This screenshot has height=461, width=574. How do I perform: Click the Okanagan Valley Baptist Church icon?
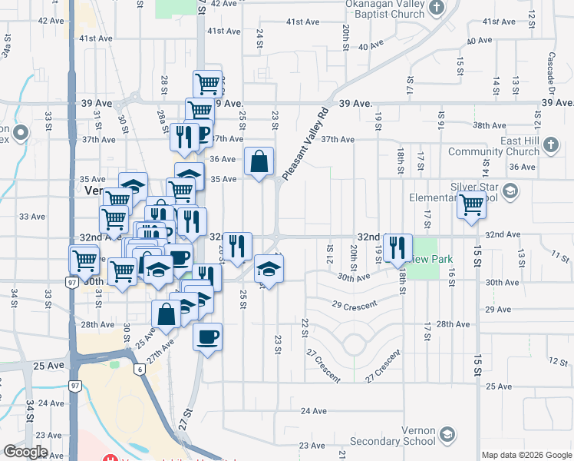(x=437, y=8)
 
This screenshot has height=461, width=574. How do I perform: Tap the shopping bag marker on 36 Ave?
(x=259, y=161)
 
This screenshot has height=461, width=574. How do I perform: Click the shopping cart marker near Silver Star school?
(x=471, y=205)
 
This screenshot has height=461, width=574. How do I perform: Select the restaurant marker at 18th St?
(x=398, y=247)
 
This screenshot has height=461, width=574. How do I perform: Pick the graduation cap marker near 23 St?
(x=269, y=268)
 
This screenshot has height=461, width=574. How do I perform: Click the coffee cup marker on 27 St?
(x=207, y=336)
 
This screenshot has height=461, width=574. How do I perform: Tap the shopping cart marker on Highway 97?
(x=84, y=259)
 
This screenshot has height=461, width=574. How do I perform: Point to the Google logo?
(x=25, y=452)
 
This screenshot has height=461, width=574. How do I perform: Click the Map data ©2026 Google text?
(x=526, y=455)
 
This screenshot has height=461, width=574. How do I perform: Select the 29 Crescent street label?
(x=355, y=305)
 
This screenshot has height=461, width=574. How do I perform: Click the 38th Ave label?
(x=489, y=124)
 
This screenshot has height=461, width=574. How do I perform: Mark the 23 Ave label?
(x=312, y=445)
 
